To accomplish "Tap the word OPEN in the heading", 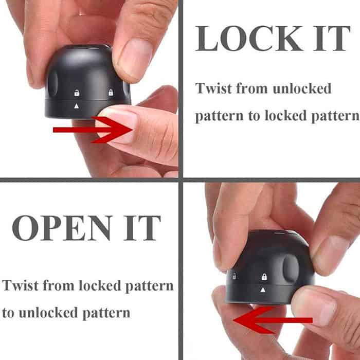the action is pos(62,228).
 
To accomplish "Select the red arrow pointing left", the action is pos(273,320).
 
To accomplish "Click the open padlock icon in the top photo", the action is pos(77,93).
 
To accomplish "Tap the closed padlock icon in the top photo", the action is pos(111,92).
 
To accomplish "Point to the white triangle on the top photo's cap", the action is pos(77,106).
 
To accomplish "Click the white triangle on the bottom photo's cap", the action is pos(263,290).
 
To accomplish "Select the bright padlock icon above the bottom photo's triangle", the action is pos(264,277).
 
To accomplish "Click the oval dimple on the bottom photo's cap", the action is pos(291,268).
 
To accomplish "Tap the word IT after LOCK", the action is pos(332,38).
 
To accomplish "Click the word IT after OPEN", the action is pos(142,228).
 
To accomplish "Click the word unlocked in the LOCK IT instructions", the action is pos(302,88).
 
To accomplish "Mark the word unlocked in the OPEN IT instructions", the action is pos(48,313).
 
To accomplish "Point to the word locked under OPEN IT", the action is pos(100,285).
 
